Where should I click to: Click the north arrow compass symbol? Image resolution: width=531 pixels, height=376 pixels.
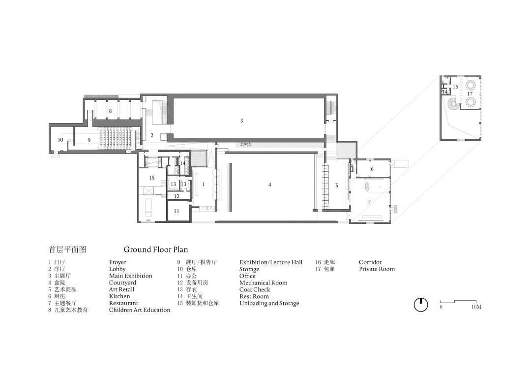(421, 305)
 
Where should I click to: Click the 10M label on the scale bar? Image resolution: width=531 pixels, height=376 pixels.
(476, 307)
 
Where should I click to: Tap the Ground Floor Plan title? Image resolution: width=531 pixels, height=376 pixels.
(155, 250)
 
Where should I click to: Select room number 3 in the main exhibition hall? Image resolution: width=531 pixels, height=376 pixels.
(241, 121)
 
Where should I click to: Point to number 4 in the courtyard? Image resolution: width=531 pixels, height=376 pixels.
(269, 185)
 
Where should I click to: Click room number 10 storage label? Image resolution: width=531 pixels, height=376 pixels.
(60, 140)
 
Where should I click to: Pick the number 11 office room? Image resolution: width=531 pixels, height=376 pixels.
(177, 211)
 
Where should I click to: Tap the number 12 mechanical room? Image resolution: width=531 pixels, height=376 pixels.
(177, 196)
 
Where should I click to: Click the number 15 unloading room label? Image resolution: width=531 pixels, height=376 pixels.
(152, 178)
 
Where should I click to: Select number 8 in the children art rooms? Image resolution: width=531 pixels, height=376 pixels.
(111, 111)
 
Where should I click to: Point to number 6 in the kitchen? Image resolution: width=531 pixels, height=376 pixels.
(372, 169)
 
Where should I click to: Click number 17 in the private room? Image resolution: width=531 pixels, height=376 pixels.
(470, 94)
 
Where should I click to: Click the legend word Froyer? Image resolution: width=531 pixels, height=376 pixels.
(118, 262)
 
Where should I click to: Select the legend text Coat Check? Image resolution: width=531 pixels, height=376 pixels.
(255, 289)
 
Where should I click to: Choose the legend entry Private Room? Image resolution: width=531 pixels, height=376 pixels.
(377, 269)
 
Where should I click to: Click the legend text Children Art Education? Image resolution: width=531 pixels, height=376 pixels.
(140, 310)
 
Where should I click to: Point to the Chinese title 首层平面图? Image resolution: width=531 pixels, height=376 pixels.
(68, 250)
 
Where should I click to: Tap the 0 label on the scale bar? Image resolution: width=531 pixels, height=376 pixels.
(441, 307)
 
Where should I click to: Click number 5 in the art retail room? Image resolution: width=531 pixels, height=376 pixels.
(337, 186)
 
